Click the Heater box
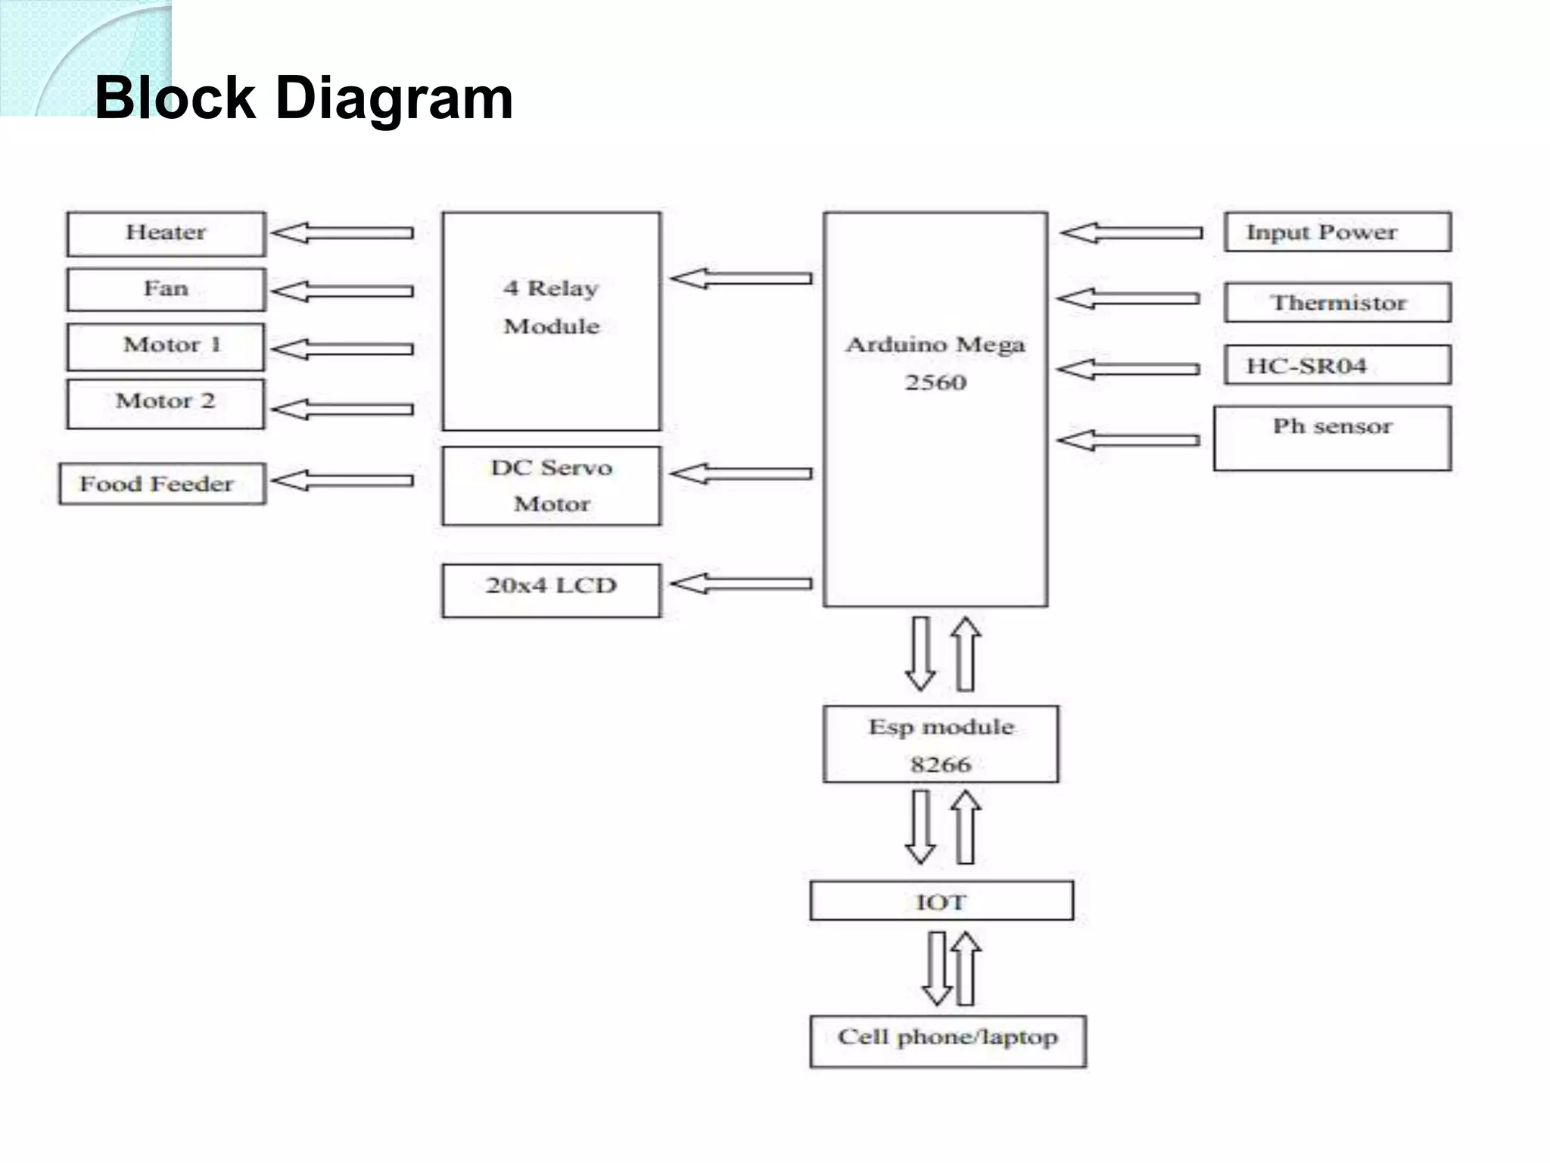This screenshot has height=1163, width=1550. point(166,233)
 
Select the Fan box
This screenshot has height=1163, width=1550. point(166,289)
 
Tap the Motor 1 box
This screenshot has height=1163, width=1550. point(166,346)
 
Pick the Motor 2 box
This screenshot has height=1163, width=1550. point(166,403)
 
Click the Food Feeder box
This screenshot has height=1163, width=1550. point(162,484)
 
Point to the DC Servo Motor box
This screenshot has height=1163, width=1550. point(551,485)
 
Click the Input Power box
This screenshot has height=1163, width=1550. point(1337,232)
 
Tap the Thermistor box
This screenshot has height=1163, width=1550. point(1337,302)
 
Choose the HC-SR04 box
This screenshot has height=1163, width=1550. point(1337,365)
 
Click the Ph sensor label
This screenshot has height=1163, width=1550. point(1332,426)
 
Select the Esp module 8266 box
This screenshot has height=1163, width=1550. point(941,744)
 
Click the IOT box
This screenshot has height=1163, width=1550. point(941,901)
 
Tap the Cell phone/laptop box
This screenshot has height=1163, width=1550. point(948,1040)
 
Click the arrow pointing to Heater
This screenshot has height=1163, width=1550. point(342,232)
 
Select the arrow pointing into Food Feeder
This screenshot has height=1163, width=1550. point(342,480)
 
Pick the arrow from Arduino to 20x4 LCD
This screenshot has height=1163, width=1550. point(741,584)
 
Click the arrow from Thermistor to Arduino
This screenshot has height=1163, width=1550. point(1128,299)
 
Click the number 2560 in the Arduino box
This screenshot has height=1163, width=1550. point(935,382)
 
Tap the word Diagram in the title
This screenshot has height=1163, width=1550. point(394,98)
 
